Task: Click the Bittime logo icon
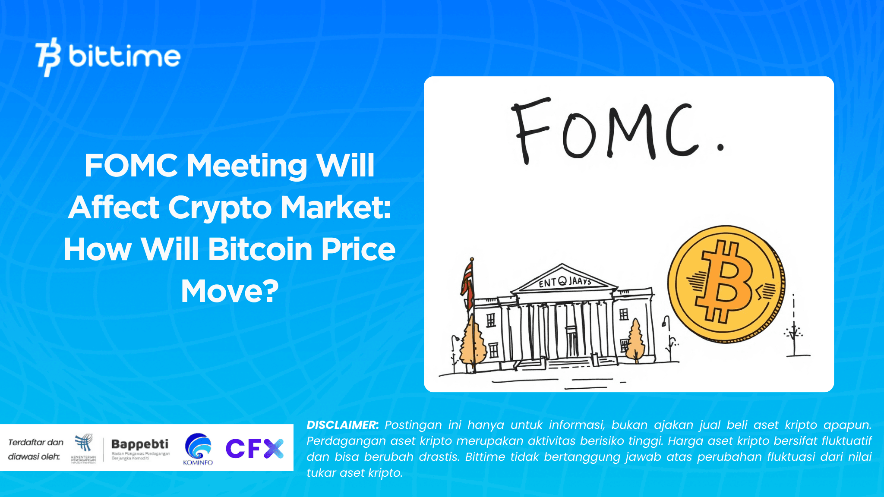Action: tap(48, 57)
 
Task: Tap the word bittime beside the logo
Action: tap(124, 57)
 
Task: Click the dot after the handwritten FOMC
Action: tap(720, 147)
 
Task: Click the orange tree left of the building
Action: tap(473, 343)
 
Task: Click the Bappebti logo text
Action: tap(140, 444)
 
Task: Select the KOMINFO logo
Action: tap(198, 449)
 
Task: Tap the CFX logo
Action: tap(254, 448)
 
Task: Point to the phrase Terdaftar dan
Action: tap(36, 442)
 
